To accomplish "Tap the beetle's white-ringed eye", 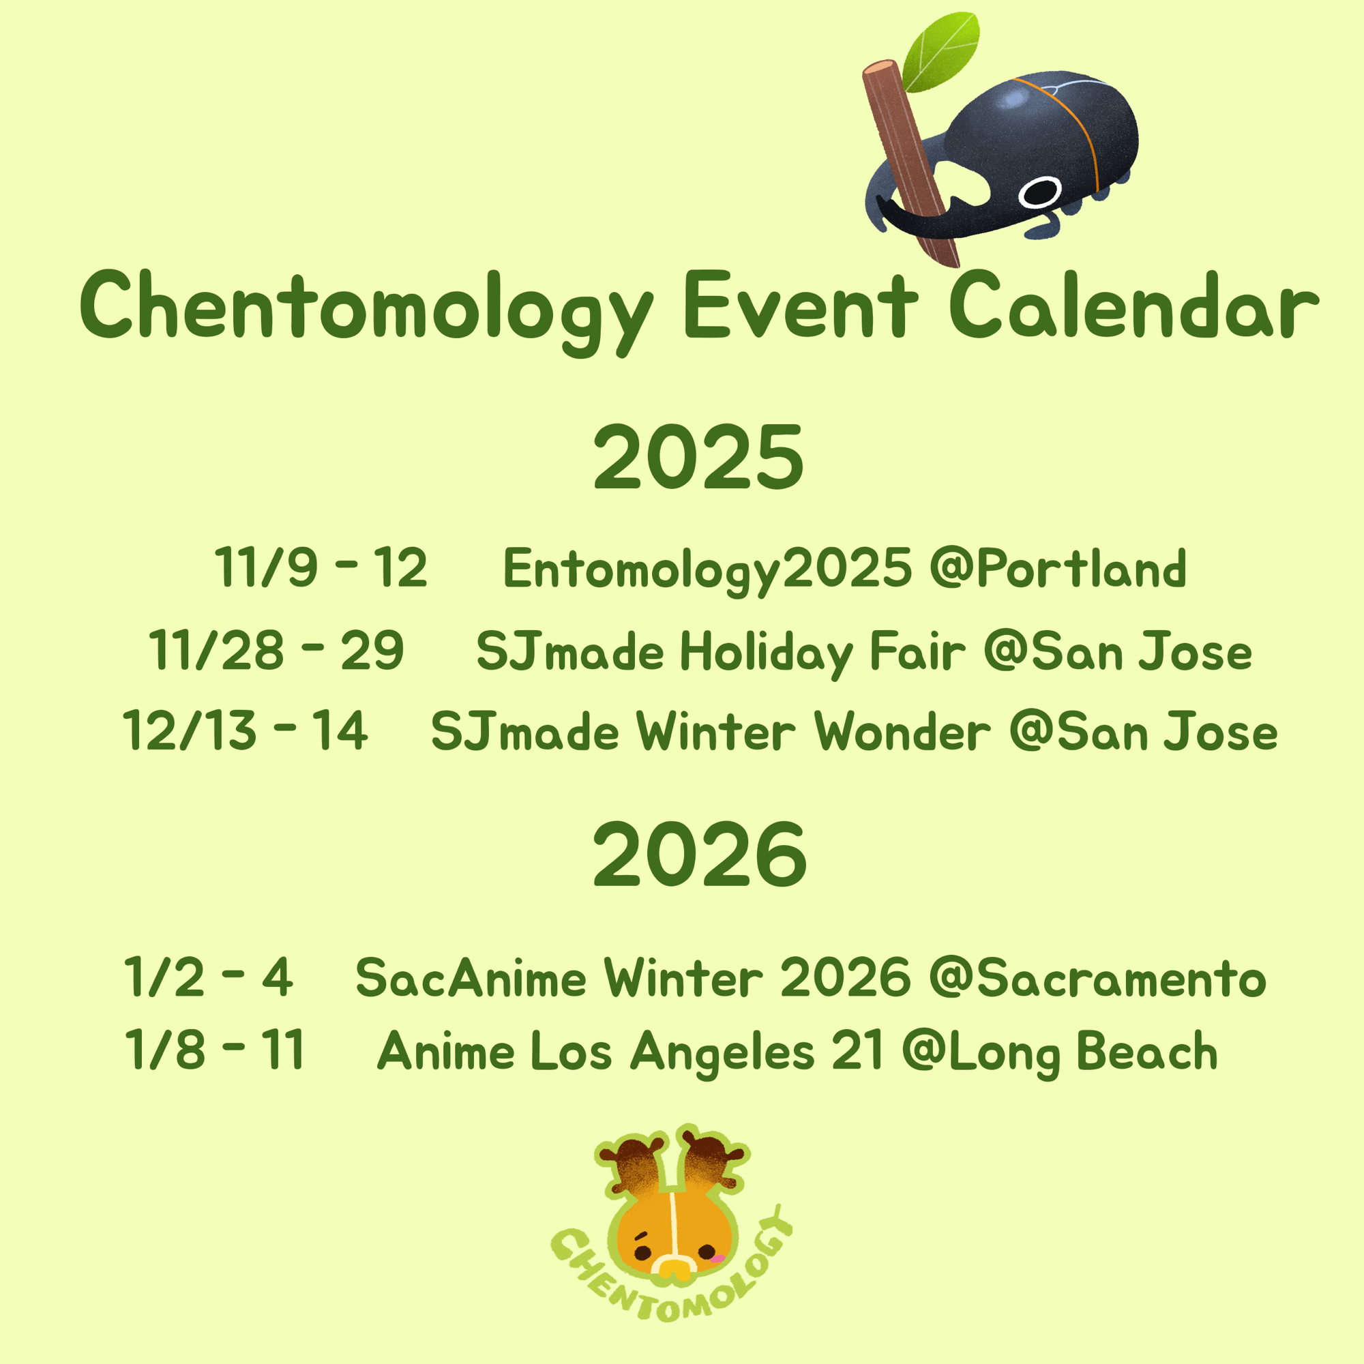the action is (x=1040, y=192).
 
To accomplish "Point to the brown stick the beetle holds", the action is (x=910, y=163).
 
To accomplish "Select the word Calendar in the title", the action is (x=1134, y=305).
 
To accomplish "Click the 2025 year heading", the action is (x=698, y=458).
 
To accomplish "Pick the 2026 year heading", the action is (x=700, y=855).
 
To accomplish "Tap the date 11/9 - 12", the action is (x=321, y=567).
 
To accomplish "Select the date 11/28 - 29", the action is (x=276, y=649).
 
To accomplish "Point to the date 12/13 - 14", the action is (x=245, y=730).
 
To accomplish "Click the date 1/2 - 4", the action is (x=207, y=977).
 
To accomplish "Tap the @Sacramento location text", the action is (x=1097, y=979).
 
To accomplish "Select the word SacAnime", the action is (x=471, y=978).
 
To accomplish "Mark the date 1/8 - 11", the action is (x=214, y=1050).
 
